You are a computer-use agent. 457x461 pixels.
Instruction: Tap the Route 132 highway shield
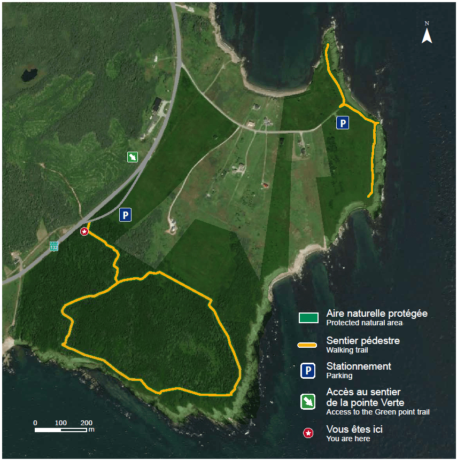(54, 246)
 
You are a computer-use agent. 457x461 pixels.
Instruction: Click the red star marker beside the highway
(84, 231)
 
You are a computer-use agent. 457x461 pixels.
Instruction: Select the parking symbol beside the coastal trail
(343, 123)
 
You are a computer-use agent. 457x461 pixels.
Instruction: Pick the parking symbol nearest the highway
(126, 215)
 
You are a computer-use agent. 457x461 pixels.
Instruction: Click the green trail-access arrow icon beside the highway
(132, 157)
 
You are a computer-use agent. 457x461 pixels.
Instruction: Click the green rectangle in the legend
(308, 318)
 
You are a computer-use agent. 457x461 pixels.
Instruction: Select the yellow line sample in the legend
(308, 345)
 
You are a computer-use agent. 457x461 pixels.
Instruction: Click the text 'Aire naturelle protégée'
(377, 314)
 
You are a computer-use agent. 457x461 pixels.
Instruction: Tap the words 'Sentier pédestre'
(363, 340)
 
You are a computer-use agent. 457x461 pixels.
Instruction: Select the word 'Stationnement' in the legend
(359, 366)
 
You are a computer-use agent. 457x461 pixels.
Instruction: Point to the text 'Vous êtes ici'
(354, 429)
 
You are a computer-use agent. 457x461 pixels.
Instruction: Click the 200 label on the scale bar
(86, 423)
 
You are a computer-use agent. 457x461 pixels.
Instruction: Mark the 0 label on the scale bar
(35, 423)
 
